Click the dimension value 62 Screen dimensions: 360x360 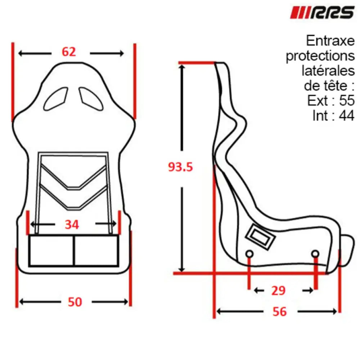point(69,52)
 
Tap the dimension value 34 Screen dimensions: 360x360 point(72,225)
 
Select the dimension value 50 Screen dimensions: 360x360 point(75,302)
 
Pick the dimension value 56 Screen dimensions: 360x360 point(280,311)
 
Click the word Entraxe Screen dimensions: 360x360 point(330,41)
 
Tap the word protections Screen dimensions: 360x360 point(320,56)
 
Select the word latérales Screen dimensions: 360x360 point(328,71)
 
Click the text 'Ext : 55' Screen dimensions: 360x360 point(331,101)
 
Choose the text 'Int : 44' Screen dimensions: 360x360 point(333,116)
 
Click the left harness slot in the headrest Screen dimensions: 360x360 point(56,99)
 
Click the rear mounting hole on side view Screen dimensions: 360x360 point(248,254)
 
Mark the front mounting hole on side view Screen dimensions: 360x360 point(315,254)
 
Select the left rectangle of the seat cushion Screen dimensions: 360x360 point(51,251)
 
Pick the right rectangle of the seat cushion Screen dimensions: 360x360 point(96,251)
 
